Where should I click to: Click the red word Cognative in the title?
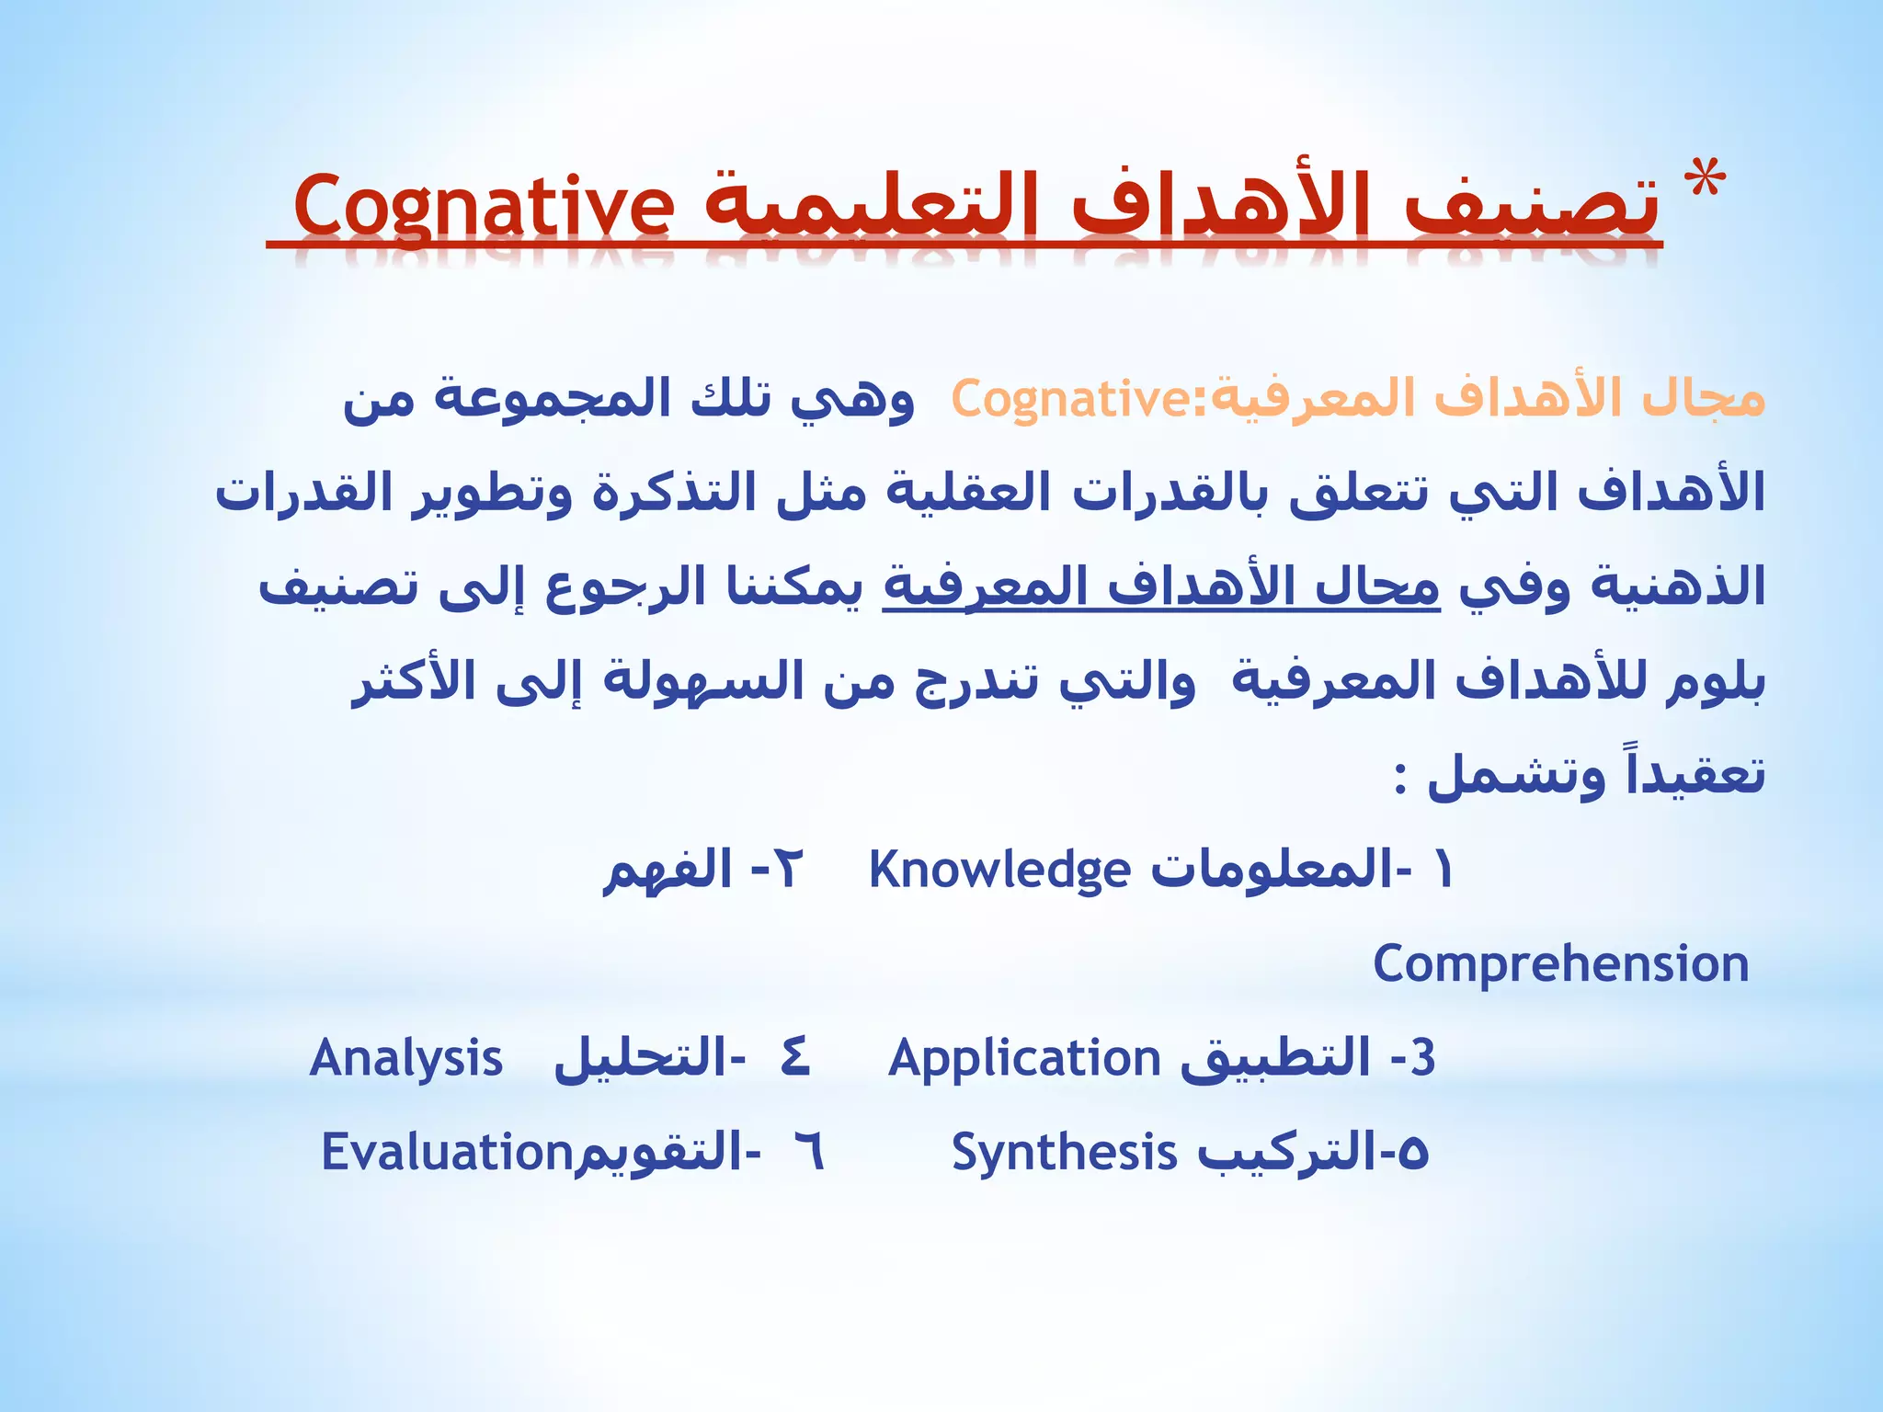[x=483, y=204]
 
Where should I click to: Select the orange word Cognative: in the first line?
[x=1080, y=399]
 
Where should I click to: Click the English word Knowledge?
[x=999, y=871]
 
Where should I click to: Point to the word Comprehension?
[x=1560, y=964]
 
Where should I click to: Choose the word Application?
[x=1024, y=1058]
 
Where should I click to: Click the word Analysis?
[x=405, y=1058]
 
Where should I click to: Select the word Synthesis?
[x=1063, y=1152]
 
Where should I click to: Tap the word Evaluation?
[x=447, y=1152]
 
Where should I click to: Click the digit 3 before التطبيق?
[x=1422, y=1058]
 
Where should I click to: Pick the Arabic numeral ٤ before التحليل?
[x=794, y=1058]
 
